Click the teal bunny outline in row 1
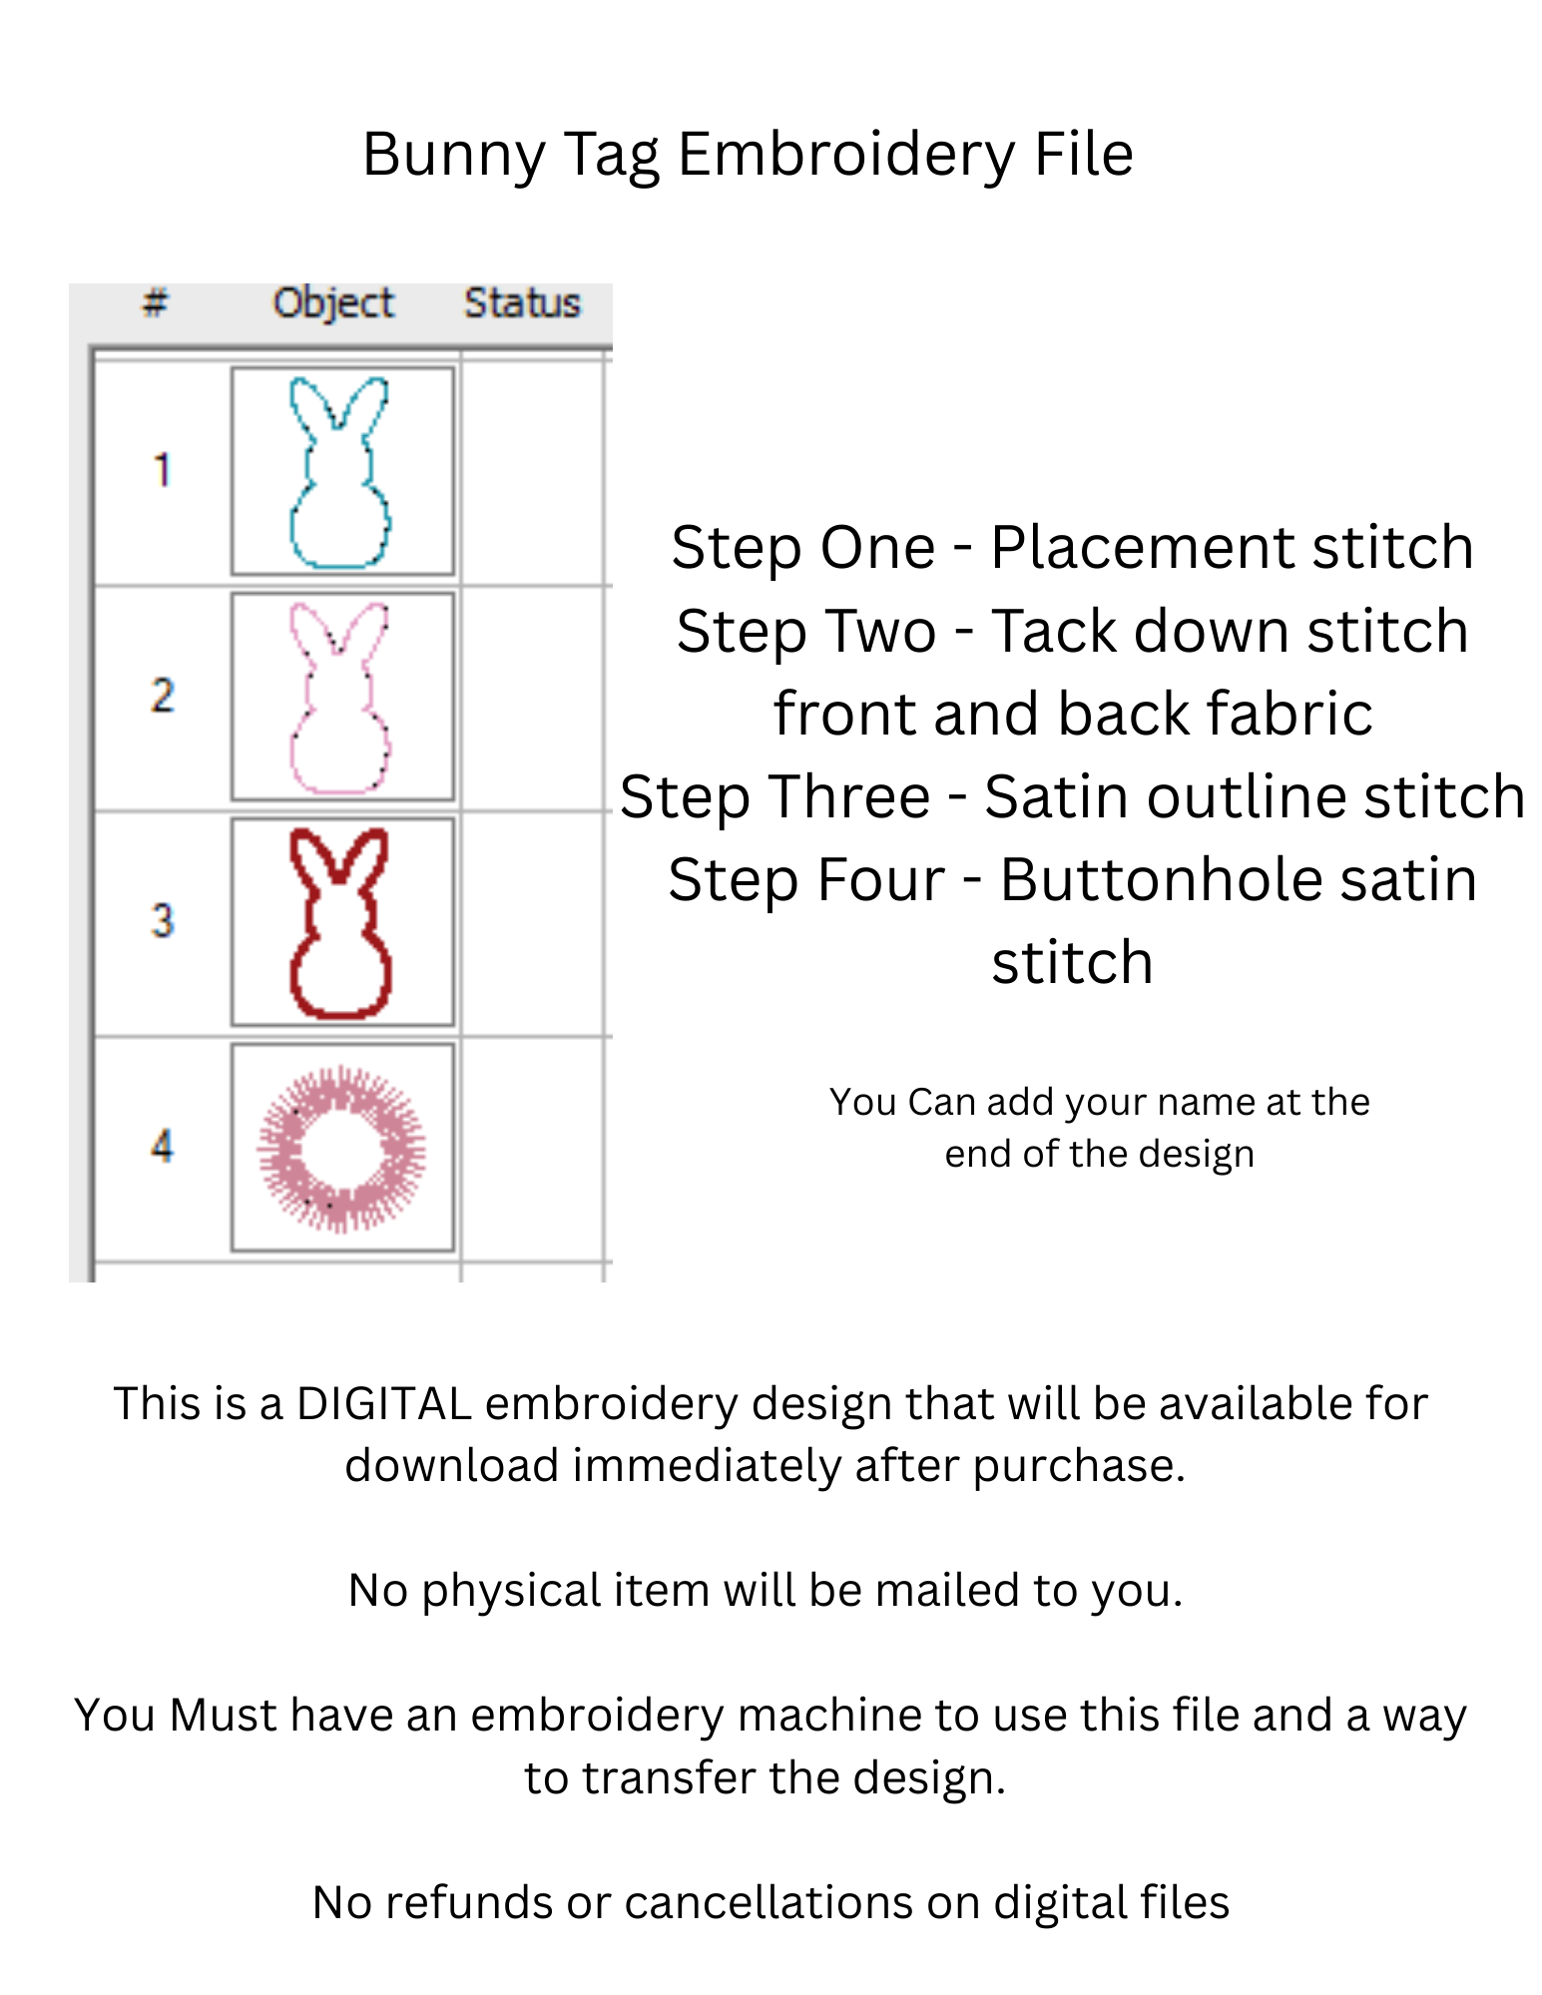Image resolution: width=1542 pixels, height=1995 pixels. [291, 519]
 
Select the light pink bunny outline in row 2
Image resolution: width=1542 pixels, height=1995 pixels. [291, 744]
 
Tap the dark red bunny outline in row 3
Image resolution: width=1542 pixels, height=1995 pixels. [294, 968]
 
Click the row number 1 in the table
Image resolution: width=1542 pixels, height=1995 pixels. [162, 470]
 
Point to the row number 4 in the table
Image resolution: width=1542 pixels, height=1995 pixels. [162, 1146]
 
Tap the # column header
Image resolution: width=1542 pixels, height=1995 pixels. [155, 301]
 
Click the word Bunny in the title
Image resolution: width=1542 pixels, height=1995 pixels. [453, 157]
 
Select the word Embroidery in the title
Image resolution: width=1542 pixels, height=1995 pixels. [846, 157]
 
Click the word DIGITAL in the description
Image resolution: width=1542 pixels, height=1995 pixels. [384, 1404]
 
